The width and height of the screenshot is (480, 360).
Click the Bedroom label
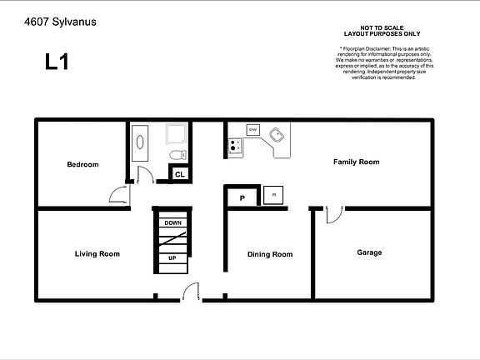82,164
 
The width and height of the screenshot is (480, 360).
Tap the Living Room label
97,253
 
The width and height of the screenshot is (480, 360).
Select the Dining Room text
270,254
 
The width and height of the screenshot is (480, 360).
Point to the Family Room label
356,162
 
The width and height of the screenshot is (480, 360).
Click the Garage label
369,252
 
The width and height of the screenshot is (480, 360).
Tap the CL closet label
179,174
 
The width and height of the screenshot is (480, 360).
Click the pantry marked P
242,198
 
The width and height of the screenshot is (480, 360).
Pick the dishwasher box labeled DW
252,129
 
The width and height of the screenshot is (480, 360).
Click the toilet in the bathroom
176,155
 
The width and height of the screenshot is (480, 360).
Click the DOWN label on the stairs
172,222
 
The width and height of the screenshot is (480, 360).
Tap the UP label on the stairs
172,258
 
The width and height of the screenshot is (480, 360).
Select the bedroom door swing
119,194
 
